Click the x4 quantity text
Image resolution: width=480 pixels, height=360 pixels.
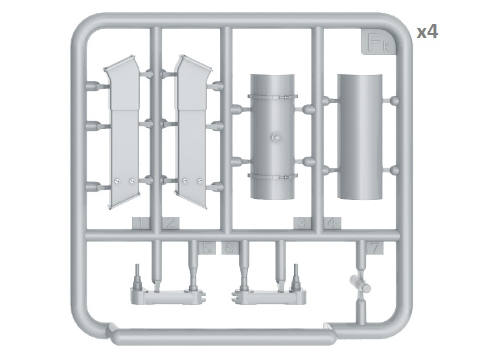point(428,32)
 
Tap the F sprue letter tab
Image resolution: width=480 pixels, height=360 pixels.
point(377,42)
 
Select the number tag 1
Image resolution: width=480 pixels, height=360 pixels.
point(141,223)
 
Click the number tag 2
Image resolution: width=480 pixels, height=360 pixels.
point(170,223)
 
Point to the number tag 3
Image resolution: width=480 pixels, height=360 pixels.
point(302,223)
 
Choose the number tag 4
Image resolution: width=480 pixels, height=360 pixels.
point(332,223)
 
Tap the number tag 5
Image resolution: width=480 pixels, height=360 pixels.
point(207,248)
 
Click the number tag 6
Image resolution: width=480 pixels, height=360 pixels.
point(230,248)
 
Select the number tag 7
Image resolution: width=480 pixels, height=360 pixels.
point(375,248)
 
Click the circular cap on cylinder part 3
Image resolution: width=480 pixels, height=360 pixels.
point(276,137)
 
